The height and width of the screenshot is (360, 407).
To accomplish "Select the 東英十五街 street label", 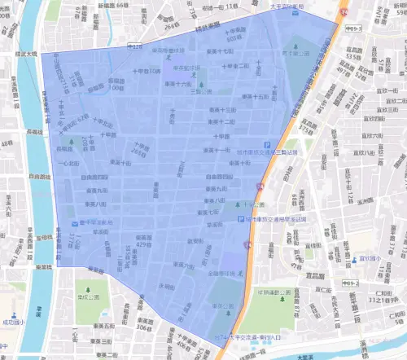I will pyautogui.click(x=243, y=97).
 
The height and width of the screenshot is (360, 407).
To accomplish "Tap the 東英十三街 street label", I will pyautogui.click(x=221, y=108).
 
